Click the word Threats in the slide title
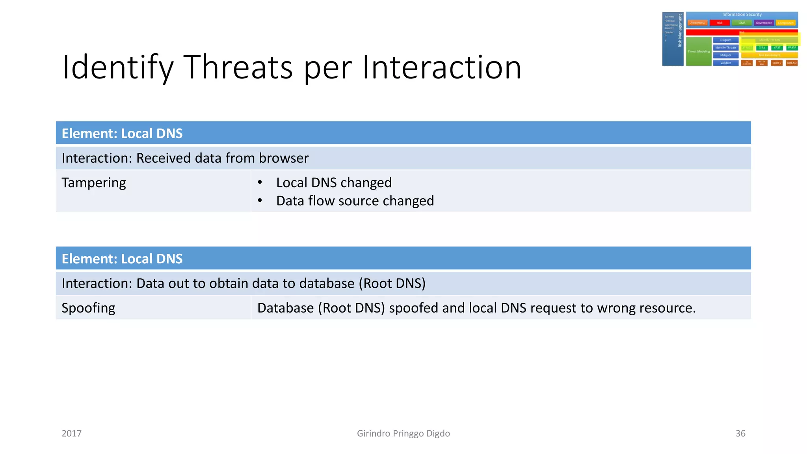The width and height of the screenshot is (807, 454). [238, 67]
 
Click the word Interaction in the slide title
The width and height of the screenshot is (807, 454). [442, 67]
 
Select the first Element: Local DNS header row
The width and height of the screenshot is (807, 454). [403, 133]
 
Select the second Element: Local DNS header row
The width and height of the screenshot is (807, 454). [403, 259]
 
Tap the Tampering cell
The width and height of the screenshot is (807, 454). [94, 183]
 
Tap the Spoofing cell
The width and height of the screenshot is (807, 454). [88, 308]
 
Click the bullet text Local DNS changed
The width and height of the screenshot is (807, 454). [334, 183]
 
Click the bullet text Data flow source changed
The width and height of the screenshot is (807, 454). [355, 201]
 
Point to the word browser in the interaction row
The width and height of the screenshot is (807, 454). [284, 158]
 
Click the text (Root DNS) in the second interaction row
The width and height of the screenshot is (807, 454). [392, 284]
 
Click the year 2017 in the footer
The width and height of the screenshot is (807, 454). [71, 434]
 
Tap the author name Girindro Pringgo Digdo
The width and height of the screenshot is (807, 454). [403, 434]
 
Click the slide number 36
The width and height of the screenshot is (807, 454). [740, 434]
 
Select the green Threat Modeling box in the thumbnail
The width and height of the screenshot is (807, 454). [698, 52]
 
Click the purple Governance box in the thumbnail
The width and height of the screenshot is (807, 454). [764, 23]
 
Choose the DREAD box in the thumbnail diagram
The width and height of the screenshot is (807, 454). [792, 63]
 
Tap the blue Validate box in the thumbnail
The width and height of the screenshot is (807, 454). [725, 63]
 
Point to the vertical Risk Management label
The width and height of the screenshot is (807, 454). [680, 31]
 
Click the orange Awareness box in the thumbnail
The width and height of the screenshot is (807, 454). [697, 23]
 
